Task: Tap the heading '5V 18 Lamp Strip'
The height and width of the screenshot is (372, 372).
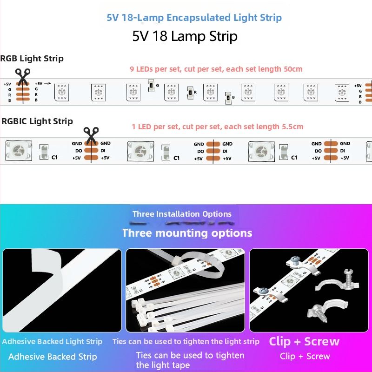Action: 185,36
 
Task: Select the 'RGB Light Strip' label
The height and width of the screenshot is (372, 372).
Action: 32,59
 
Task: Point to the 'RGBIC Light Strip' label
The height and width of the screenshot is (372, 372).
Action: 37,121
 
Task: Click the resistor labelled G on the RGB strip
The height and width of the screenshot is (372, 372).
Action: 151,85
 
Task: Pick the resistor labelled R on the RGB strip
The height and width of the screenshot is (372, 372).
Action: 189,92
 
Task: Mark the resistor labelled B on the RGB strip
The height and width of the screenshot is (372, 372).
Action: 227,97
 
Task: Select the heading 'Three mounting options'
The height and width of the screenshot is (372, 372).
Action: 187,233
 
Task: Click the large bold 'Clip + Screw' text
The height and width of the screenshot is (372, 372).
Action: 304,342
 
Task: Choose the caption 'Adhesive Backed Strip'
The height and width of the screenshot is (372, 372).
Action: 53,357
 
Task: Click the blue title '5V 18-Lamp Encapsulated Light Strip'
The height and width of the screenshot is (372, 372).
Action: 194,18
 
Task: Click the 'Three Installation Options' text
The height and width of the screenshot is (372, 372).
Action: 182,214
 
